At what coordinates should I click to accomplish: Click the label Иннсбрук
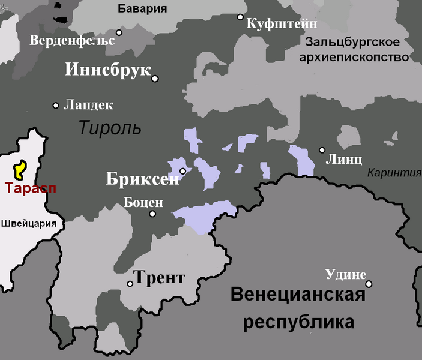108,70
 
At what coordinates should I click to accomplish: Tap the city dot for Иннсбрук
155,79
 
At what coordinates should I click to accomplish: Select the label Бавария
142,8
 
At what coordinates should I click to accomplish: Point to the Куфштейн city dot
240,17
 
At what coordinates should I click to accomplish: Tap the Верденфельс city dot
119,32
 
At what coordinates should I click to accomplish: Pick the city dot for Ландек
56,105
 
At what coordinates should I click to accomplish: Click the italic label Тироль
110,127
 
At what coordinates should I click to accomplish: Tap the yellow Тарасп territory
19,170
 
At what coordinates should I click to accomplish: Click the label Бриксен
142,179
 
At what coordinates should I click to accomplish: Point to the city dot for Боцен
152,214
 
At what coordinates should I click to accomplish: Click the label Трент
158,278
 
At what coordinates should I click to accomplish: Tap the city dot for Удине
369,284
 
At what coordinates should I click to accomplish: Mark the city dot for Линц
322,150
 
